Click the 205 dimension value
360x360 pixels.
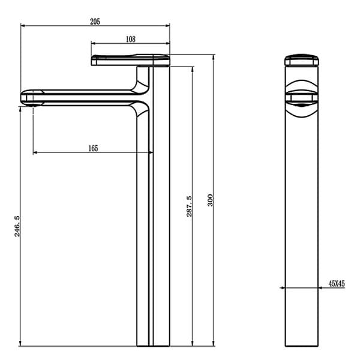point(94,21)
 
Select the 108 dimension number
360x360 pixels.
point(130,38)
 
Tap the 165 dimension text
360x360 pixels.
point(93,148)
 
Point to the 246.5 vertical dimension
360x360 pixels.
point(17,226)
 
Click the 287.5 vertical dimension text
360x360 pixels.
point(189,206)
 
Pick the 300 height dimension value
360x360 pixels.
point(210,200)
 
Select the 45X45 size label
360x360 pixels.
point(337,283)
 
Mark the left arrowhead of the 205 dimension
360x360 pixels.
point(23,26)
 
